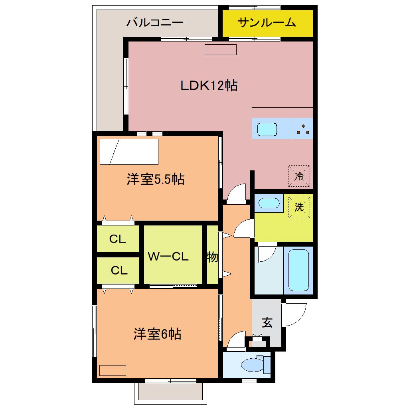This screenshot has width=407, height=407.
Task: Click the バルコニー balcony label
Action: click(155, 22)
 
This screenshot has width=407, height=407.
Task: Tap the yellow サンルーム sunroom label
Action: click(267, 22)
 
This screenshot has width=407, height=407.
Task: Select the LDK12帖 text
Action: click(209, 85)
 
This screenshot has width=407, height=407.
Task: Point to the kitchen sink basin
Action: click(267, 129)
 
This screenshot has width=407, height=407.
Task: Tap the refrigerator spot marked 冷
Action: click(299, 176)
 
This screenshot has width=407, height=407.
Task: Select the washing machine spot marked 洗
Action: click(299, 207)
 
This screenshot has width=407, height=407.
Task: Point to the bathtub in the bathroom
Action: click(299, 270)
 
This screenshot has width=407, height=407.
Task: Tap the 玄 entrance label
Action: click(267, 322)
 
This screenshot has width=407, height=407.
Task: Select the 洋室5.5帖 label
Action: click(156, 180)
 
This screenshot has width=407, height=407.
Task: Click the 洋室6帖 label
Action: click(158, 334)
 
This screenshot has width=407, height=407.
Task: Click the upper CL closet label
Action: click(118, 239)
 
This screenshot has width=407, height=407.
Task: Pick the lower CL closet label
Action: click(119, 271)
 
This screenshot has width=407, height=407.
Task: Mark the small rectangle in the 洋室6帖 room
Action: click(113, 370)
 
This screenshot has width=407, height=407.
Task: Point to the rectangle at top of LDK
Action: click(221, 50)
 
